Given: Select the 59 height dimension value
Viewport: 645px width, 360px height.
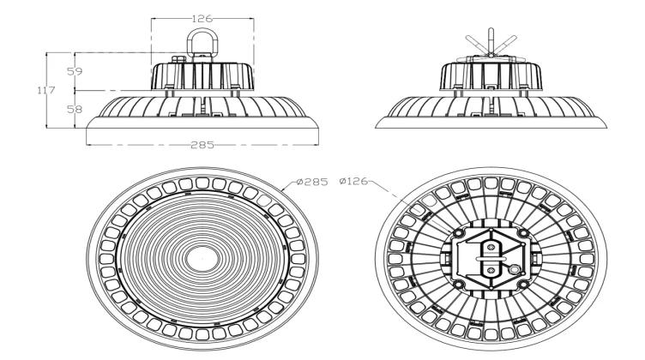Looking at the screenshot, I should pos(74,72).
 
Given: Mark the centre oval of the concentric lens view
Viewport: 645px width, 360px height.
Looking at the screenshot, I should pos(202,255).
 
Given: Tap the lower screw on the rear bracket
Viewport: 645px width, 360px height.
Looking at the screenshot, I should pos(491,269).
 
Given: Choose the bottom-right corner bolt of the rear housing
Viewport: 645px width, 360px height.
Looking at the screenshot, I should pos(524,285).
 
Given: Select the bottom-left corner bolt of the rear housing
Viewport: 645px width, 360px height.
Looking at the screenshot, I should pos(460,285).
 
